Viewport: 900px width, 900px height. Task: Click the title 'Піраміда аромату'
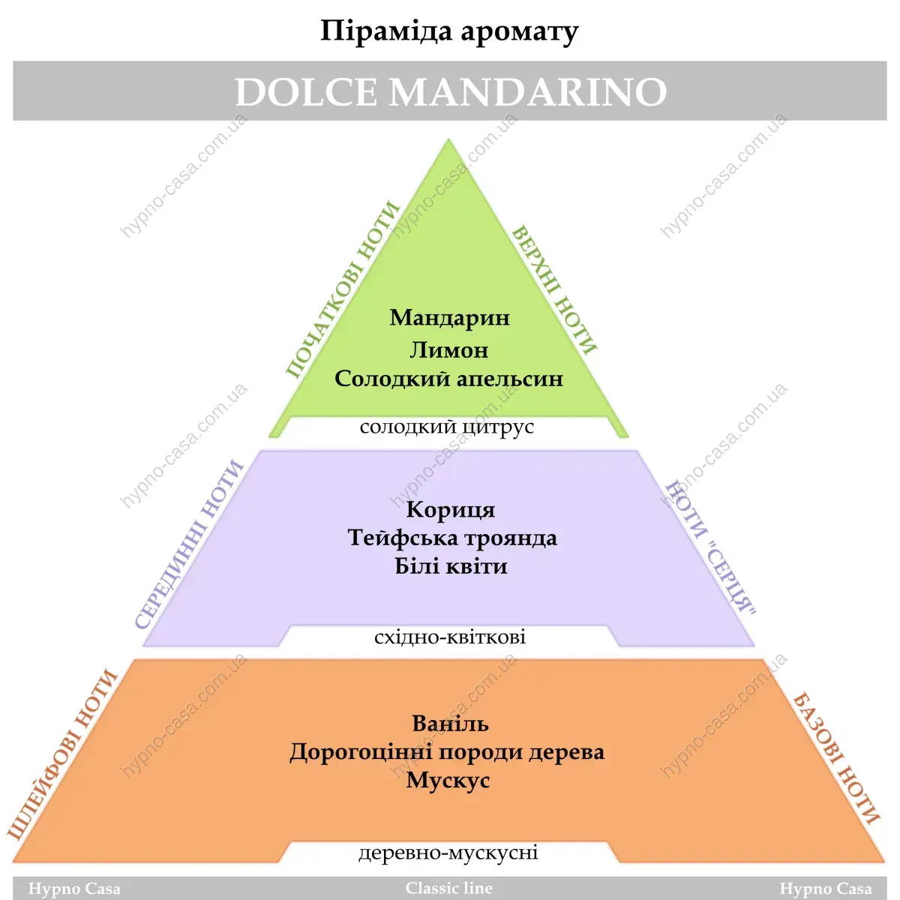pos(449,32)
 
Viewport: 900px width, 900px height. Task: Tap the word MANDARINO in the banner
pos(528,92)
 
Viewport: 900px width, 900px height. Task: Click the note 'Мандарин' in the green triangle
pos(449,318)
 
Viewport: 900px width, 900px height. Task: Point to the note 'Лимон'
pos(448,350)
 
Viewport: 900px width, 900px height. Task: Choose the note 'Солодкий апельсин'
pos(448,379)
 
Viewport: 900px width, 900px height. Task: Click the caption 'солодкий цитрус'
pos(447,427)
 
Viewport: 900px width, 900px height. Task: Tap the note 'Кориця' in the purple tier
pos(450,510)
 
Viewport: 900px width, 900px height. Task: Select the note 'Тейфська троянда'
pos(452,538)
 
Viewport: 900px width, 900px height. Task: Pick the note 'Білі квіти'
pos(451,566)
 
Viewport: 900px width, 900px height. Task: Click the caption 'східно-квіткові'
pos(450,637)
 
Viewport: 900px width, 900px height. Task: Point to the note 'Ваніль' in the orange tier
pos(450,724)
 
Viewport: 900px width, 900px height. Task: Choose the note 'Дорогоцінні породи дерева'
pos(447,752)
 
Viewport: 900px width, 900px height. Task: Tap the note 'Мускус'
pos(448,781)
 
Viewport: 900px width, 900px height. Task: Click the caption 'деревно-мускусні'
pos(448,853)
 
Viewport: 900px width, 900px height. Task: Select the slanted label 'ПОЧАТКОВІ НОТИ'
pos(341,289)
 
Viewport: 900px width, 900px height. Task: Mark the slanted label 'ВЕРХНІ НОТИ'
pos(555,289)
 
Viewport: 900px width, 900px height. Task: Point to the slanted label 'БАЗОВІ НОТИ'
pos(835,758)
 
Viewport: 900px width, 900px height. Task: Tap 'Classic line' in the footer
pos(448,889)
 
